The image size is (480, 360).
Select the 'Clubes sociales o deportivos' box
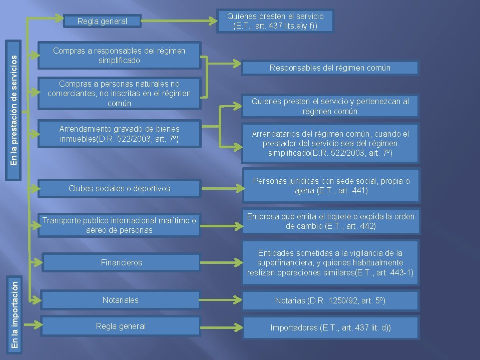tap(119, 188)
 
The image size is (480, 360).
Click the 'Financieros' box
tap(121, 262)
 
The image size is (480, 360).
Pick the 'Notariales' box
tap(121, 300)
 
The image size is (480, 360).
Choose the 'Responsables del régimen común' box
tap(330, 68)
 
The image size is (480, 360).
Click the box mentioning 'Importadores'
tap(330, 328)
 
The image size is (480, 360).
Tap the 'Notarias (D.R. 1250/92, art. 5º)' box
tap(330, 301)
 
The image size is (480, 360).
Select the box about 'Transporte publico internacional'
tap(119, 225)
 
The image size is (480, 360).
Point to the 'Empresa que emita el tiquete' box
tap(330, 221)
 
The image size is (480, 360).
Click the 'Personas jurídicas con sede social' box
tap(330, 186)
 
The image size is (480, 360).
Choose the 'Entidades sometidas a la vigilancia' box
tap(330, 263)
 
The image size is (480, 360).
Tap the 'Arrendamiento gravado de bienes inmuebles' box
tap(119, 133)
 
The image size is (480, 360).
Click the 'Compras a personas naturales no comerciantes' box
tap(119, 93)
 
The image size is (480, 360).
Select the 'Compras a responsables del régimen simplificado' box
tap(119, 55)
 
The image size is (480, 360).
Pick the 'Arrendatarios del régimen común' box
tap(330, 143)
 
